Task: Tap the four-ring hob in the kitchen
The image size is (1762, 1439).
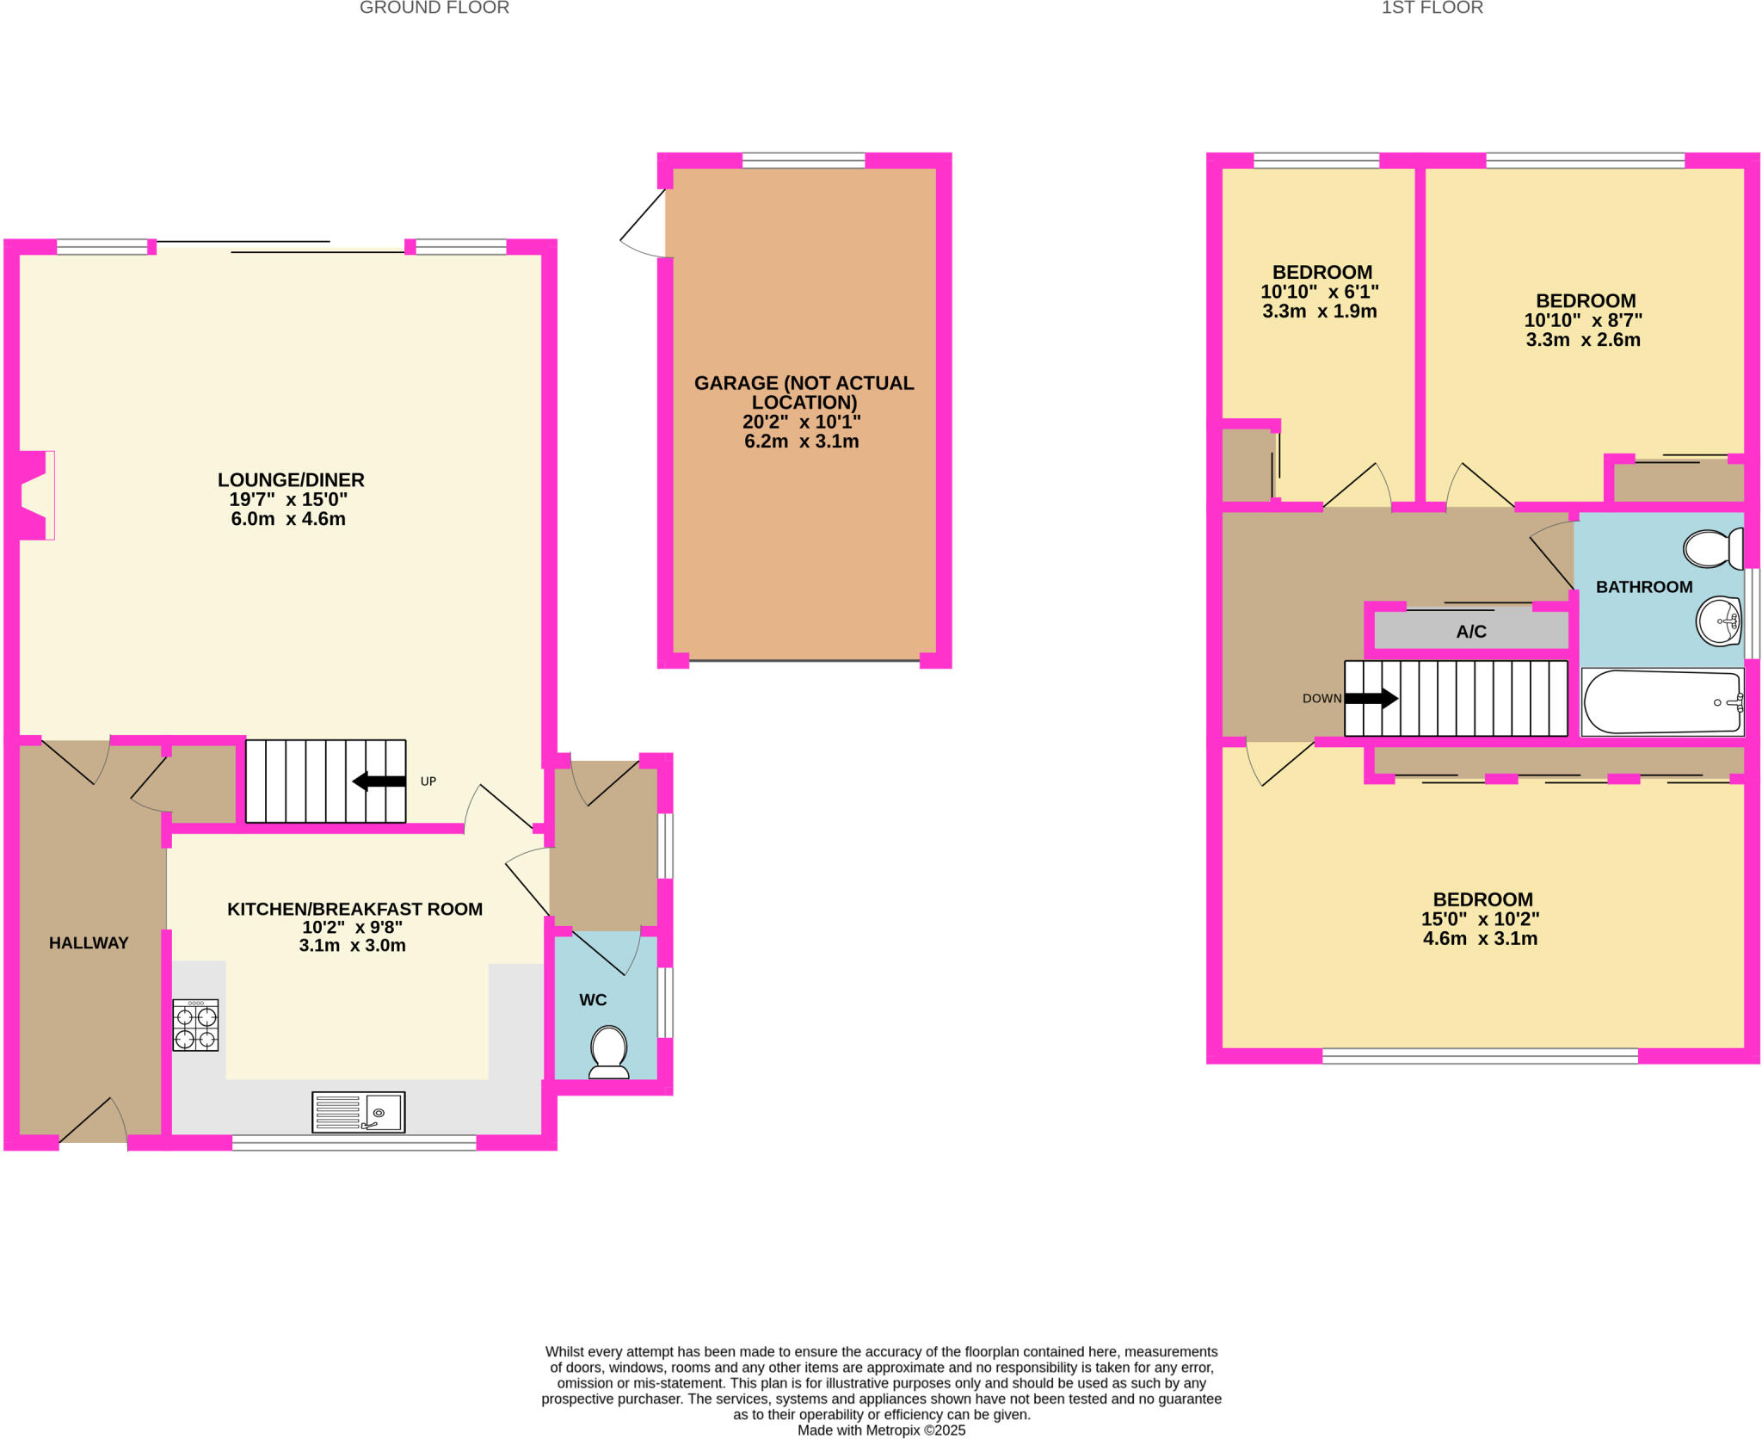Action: coord(195,1025)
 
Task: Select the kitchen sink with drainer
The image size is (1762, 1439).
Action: coord(358,1112)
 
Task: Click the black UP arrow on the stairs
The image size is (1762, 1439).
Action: coord(379,781)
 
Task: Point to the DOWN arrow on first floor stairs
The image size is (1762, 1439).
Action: coord(1371,698)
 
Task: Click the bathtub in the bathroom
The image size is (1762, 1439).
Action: coord(1662,702)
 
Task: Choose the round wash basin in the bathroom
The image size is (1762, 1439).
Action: coord(1718,621)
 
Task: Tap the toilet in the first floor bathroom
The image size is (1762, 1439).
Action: coord(1711,548)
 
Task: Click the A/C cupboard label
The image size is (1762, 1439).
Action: coord(1470,632)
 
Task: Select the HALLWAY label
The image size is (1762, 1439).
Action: coord(89,943)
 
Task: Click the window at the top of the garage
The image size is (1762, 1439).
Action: coord(803,160)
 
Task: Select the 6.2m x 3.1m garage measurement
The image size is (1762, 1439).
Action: coord(801,442)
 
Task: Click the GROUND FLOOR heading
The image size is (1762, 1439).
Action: coord(434,9)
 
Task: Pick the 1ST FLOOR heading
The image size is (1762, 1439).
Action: coord(1432,9)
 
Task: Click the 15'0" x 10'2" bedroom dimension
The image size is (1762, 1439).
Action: coord(1480,919)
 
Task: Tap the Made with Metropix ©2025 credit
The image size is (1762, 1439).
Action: coord(881,1430)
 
